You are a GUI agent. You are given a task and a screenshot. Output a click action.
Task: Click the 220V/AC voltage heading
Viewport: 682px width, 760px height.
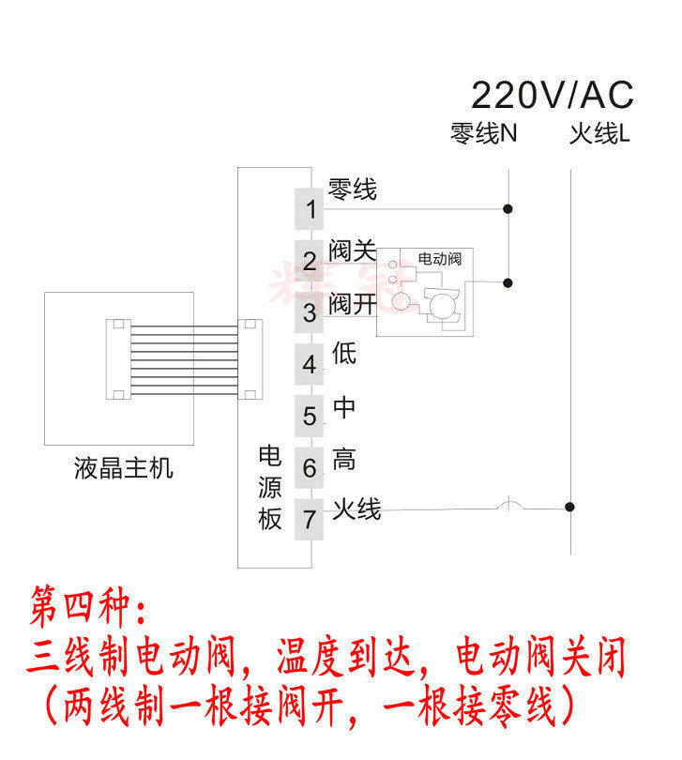(x=552, y=95)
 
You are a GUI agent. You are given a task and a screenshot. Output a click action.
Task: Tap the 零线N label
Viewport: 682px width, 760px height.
(x=483, y=134)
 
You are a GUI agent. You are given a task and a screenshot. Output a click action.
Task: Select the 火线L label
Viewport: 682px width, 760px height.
(x=599, y=134)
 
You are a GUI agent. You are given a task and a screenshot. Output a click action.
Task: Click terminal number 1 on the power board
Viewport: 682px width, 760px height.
(x=311, y=209)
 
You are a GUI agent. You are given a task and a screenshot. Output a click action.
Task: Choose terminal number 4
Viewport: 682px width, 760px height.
(x=311, y=365)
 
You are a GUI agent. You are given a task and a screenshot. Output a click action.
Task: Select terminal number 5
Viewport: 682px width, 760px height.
(x=311, y=416)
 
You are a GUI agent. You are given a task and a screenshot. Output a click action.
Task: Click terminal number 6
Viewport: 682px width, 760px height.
(x=311, y=467)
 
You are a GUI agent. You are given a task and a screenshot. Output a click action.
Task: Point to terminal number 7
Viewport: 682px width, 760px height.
(x=311, y=518)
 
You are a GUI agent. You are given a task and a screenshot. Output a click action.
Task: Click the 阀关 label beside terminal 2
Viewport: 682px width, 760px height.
(x=352, y=251)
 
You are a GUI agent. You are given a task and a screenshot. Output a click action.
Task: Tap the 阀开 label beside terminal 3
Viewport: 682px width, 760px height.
(x=352, y=304)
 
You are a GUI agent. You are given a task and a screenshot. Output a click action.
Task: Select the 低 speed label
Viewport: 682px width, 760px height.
(x=344, y=354)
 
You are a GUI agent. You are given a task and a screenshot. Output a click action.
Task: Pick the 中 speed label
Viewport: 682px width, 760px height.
(x=344, y=407)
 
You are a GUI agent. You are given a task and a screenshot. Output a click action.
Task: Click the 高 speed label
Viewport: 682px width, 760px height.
(x=344, y=459)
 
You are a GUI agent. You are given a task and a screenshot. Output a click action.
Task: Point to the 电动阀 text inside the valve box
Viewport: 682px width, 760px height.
(x=439, y=258)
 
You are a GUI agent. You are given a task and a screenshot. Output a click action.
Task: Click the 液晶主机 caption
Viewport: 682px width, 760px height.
(x=123, y=467)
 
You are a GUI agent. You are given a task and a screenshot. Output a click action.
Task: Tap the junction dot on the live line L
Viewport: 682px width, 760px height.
(x=569, y=507)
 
